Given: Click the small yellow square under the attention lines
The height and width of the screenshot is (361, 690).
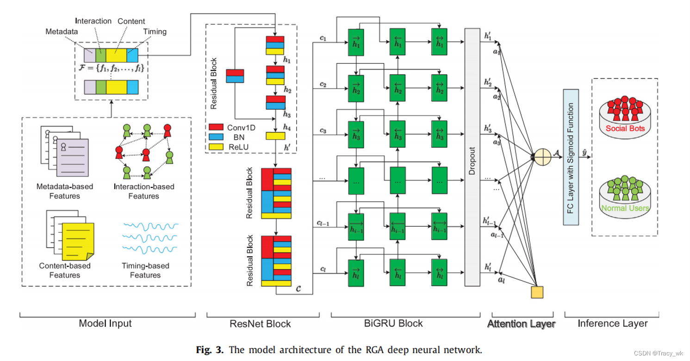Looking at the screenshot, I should (x=537, y=292).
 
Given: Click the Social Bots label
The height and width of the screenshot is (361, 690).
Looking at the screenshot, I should (x=625, y=128).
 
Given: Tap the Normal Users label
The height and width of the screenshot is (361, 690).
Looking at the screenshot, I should (x=625, y=208).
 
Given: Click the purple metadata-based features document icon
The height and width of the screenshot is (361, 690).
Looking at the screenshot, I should (x=72, y=158).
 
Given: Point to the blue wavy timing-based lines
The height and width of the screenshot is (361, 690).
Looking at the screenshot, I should (x=150, y=236).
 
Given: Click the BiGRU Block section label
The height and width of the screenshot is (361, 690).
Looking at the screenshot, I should (x=393, y=323).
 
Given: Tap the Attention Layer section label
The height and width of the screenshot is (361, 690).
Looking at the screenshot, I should (x=521, y=324).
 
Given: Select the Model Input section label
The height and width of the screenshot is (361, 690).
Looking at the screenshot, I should (x=105, y=323).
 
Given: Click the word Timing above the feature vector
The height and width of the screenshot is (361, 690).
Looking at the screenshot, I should (x=155, y=32).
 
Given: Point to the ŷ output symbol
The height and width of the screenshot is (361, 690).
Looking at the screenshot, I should (x=585, y=151).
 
